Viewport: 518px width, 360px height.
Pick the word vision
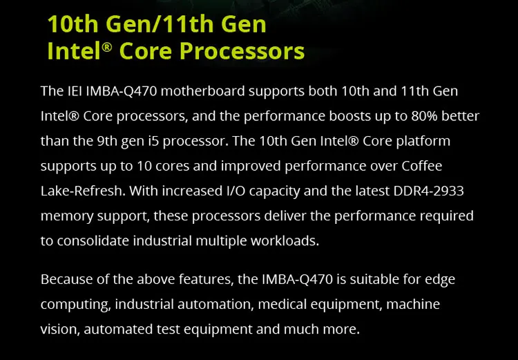point(60,329)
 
